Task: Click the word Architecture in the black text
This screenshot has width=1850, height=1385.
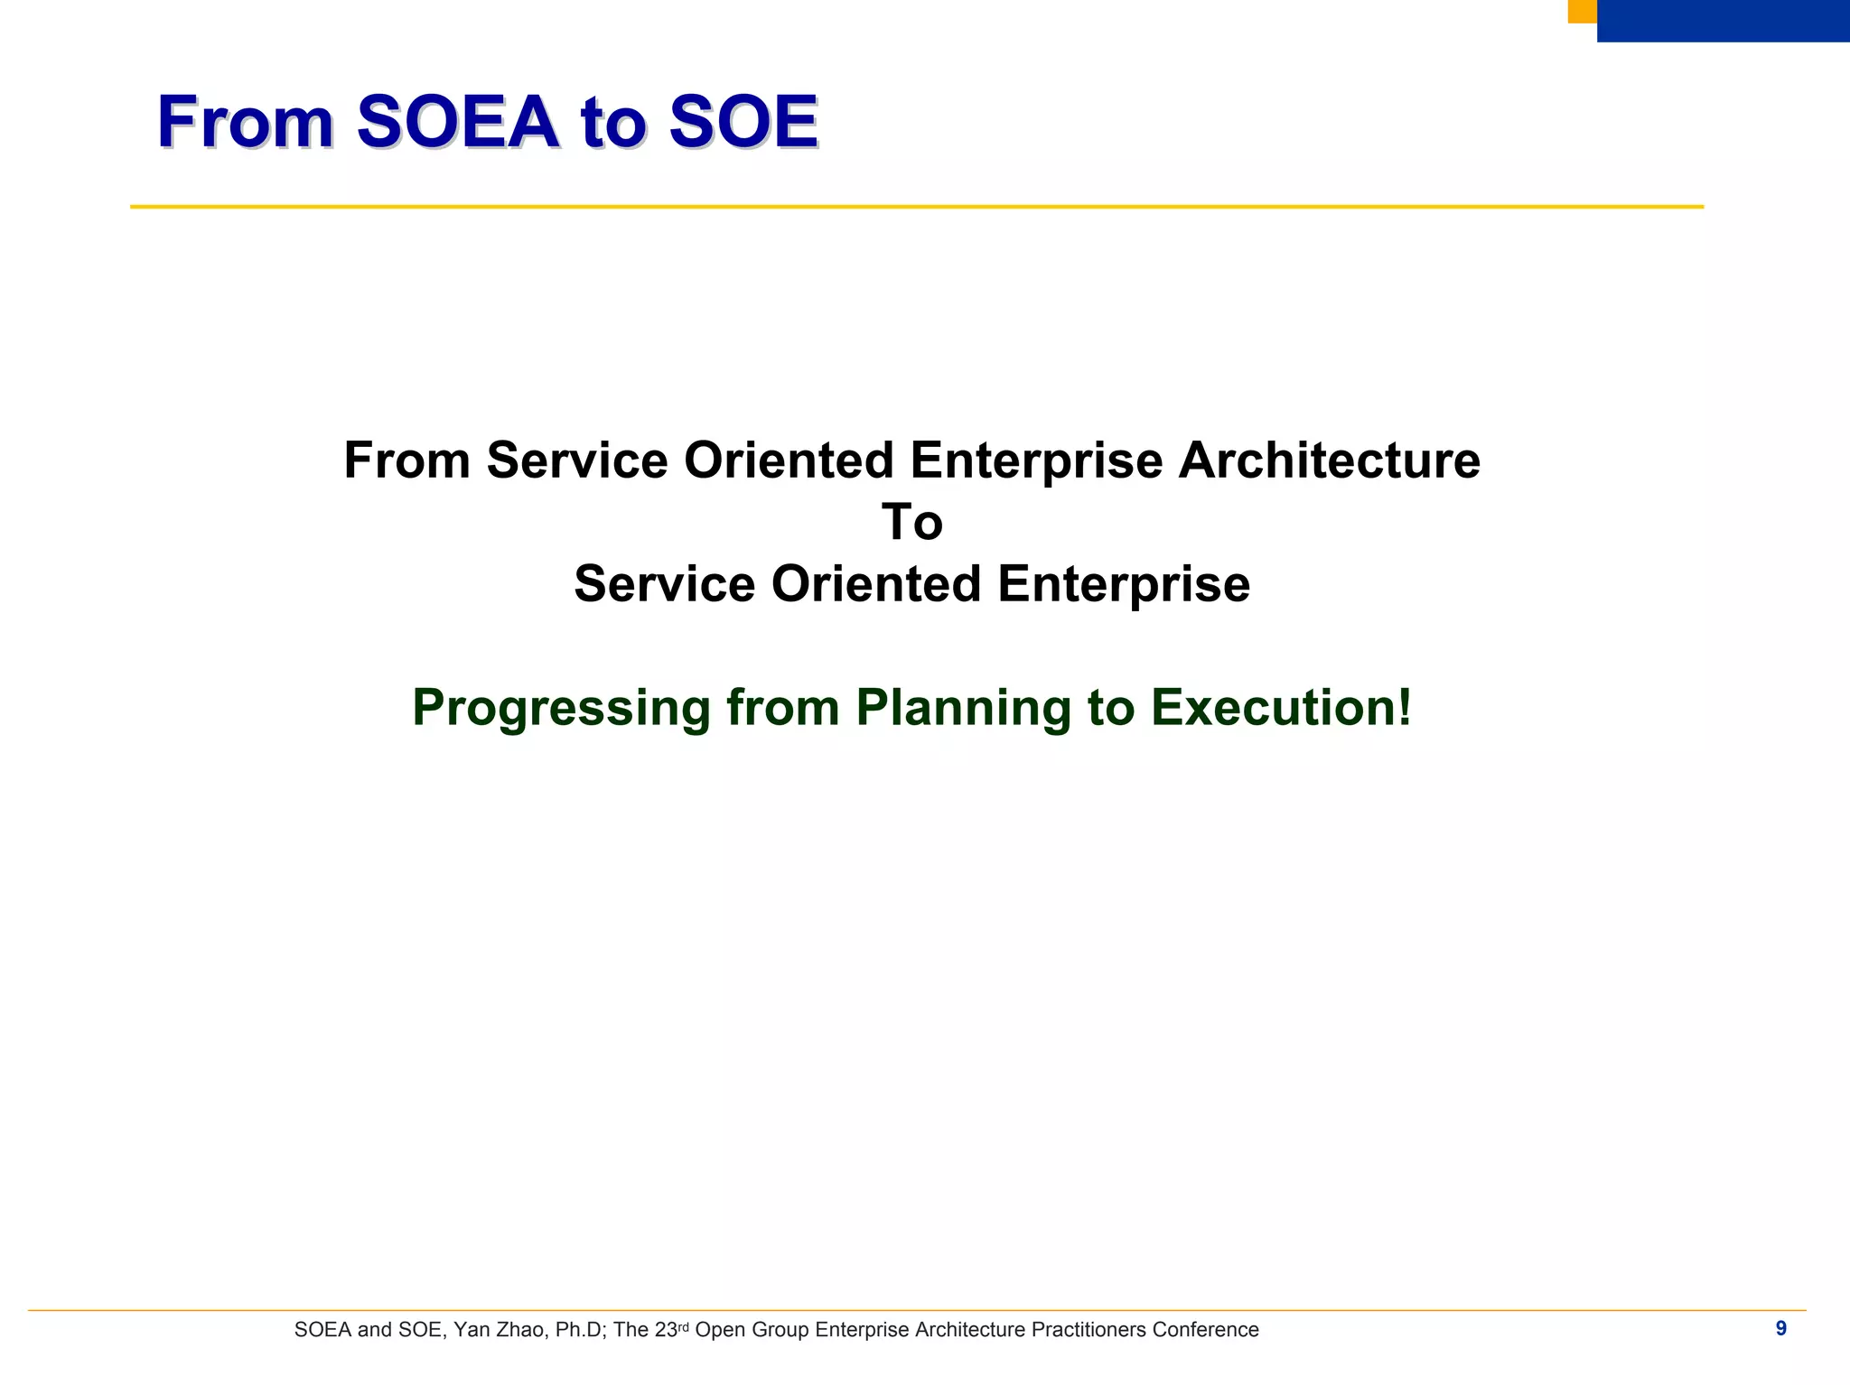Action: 1329,460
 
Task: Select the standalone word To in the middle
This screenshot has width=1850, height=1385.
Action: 912,523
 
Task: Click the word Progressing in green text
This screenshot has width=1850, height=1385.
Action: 561,709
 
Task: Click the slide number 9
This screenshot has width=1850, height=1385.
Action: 1780,1328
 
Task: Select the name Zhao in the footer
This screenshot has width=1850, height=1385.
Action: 520,1330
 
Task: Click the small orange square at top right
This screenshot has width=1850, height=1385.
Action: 1582,11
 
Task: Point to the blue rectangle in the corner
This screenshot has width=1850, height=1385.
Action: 1723,21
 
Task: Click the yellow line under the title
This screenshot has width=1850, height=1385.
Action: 916,207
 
